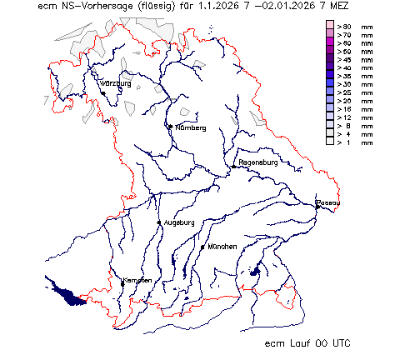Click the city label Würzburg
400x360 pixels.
pyautogui.click(x=116, y=84)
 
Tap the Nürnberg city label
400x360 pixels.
pyautogui.click(x=189, y=127)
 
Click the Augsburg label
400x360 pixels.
pyautogui.click(x=178, y=222)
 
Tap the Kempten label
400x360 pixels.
pyautogui.click(x=138, y=280)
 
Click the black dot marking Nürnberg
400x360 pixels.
pyautogui.click(x=170, y=127)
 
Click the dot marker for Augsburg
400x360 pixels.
pyautogui.click(x=159, y=222)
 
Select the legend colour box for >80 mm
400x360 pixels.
pyautogui.click(x=329, y=27)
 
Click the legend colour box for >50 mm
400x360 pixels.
pyautogui.click(x=329, y=52)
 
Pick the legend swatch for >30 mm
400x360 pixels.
pyautogui.click(x=329, y=84)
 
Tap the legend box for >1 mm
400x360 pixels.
pyautogui.click(x=329, y=142)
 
